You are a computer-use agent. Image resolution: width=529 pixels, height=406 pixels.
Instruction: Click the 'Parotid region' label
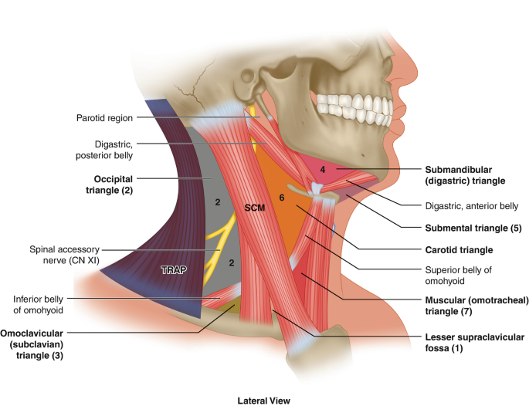pyautogui.click(x=104, y=118)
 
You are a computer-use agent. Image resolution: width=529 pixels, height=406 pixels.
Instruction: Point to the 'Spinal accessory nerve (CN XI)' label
pyautogui.click(x=66, y=256)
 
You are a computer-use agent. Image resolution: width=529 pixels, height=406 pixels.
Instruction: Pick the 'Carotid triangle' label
pyautogui.click(x=459, y=250)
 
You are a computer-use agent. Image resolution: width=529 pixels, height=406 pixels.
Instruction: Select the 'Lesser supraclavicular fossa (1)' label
pyautogui.click(x=474, y=343)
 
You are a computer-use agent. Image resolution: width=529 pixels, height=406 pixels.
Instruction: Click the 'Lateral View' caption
pyautogui.click(x=264, y=400)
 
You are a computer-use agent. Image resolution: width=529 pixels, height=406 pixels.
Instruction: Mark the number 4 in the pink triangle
pyautogui.click(x=324, y=168)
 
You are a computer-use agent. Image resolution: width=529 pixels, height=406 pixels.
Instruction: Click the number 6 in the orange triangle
pyautogui.click(x=282, y=198)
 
